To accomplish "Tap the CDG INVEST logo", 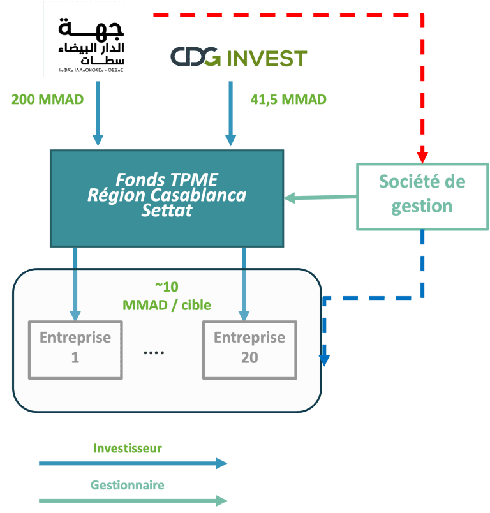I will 238,58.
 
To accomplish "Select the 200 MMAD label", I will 48,100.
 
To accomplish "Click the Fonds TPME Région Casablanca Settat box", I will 167,198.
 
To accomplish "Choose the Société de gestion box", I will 422,197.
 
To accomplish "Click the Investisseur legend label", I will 128,449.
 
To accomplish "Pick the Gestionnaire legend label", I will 128,486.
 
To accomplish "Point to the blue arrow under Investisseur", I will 133,463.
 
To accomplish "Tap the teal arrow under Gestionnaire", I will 133,500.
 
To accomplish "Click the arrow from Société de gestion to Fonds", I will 319,197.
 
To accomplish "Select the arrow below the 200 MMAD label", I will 98,118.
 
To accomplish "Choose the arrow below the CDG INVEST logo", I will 230,118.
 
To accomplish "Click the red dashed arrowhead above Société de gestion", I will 422,155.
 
